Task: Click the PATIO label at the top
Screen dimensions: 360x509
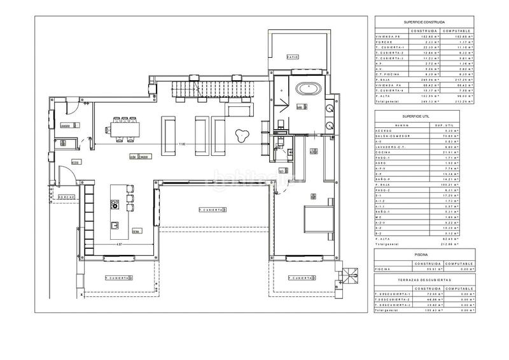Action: pos(292,57)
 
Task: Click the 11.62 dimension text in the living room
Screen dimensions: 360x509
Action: pos(182,144)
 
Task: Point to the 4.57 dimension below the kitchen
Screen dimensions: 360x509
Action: pos(119,244)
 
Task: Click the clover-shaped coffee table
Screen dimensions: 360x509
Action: pos(242,134)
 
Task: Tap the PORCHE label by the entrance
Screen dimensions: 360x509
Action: pos(67,197)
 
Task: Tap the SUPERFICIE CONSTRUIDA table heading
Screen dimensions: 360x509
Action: pos(424,22)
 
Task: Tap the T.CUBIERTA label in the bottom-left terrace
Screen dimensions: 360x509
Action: pos(118,278)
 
